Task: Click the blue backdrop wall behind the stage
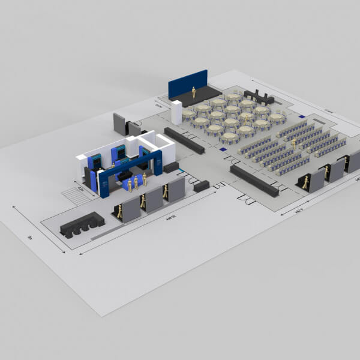pos(187,83)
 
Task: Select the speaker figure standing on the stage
pos(194,92)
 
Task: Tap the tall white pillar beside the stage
pos(176,112)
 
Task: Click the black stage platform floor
pos(201,95)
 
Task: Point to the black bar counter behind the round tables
pos(258,96)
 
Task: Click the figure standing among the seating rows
pos(293,144)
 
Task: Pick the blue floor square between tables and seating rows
pos(223,149)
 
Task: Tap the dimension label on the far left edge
pos(29,237)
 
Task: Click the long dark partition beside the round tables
pos(184,141)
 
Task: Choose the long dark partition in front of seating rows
pos(254,180)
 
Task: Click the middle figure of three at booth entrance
pos(136,183)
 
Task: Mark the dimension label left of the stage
pos(158,106)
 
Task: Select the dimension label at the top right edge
pos(328,111)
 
